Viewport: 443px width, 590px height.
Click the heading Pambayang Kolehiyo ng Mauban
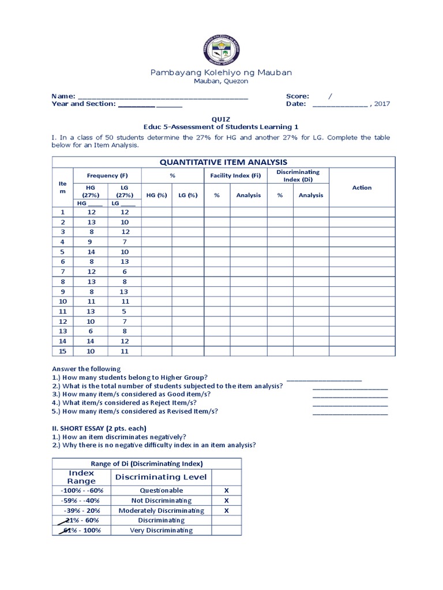click(221, 73)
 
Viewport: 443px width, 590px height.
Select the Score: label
click(298, 96)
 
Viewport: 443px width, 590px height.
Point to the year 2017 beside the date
click(382, 104)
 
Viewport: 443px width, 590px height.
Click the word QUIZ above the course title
click(221, 119)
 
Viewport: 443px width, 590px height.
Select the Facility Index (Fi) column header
click(235, 175)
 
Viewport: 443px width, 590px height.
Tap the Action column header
click(362, 188)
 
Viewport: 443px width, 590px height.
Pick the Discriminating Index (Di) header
click(298, 175)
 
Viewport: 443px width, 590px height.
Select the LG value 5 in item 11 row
click(124, 311)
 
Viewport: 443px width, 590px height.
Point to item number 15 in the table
click(63, 351)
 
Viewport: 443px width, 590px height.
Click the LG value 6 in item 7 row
click(124, 271)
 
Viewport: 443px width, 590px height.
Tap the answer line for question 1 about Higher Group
click(324, 379)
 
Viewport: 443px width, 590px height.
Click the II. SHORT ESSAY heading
click(99, 428)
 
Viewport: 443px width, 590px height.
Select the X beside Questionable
click(227, 490)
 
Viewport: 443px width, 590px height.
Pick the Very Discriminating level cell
click(161, 531)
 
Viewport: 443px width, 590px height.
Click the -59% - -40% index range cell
click(81, 501)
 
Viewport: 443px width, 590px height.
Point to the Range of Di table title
click(147, 464)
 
